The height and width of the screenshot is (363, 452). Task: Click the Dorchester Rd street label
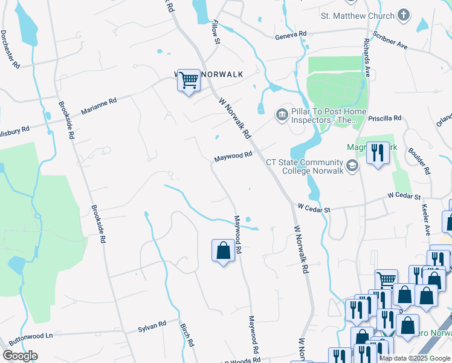pyautogui.click(x=10, y=49)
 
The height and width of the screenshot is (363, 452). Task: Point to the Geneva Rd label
pyautogui.click(x=291, y=34)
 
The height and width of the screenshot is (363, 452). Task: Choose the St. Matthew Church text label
pyautogui.click(x=357, y=16)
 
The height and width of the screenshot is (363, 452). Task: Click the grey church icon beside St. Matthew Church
pyautogui.click(x=404, y=16)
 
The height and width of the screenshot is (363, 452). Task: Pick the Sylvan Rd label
pyautogui.click(x=152, y=326)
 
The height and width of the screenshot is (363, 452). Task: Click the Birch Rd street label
pyautogui.click(x=187, y=333)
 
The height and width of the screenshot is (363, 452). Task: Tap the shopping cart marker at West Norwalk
pyautogui.click(x=189, y=79)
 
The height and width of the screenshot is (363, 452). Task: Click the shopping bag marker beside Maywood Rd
pyautogui.click(x=223, y=250)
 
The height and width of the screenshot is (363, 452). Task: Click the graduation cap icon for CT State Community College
pyautogui.click(x=352, y=165)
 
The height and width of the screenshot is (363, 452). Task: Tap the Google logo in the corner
pyautogui.click(x=20, y=356)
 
